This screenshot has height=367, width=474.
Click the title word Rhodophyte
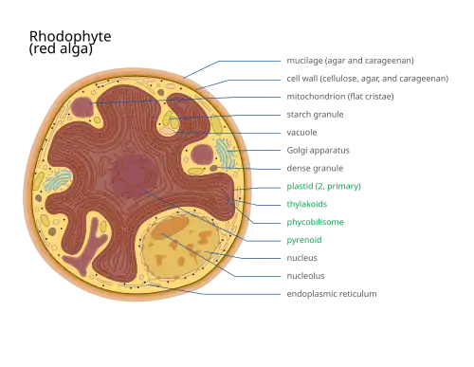(70, 37)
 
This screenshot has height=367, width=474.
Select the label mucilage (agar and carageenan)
(350, 61)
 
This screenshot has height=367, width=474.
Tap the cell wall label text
(368, 79)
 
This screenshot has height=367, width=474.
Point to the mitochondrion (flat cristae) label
(340, 97)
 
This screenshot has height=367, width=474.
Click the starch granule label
(315, 115)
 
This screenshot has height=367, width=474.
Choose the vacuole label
(301, 132)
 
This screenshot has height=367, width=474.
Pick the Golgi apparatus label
(318, 151)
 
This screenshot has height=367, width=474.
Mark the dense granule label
(315, 168)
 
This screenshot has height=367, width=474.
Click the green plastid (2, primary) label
(323, 186)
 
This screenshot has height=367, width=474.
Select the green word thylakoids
(307, 204)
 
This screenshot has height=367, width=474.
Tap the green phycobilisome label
(315, 222)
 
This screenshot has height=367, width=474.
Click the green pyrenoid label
(304, 240)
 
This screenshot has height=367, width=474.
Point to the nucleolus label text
(305, 276)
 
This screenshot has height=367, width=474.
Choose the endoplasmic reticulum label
(332, 294)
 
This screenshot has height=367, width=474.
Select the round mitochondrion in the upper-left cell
(82, 107)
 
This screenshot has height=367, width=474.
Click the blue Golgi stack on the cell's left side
(58, 180)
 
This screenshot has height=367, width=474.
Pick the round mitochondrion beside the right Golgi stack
(202, 155)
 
